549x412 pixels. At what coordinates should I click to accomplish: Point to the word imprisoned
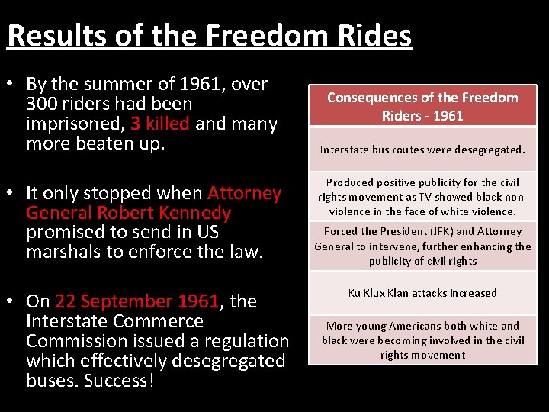coord(75,123)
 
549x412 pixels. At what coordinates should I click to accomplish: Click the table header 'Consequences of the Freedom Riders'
coord(422,106)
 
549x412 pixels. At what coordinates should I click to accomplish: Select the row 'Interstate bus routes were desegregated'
coord(422,150)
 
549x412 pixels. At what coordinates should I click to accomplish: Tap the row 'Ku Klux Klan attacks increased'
coord(422,293)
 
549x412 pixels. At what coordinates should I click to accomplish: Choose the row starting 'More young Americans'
coord(422,340)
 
